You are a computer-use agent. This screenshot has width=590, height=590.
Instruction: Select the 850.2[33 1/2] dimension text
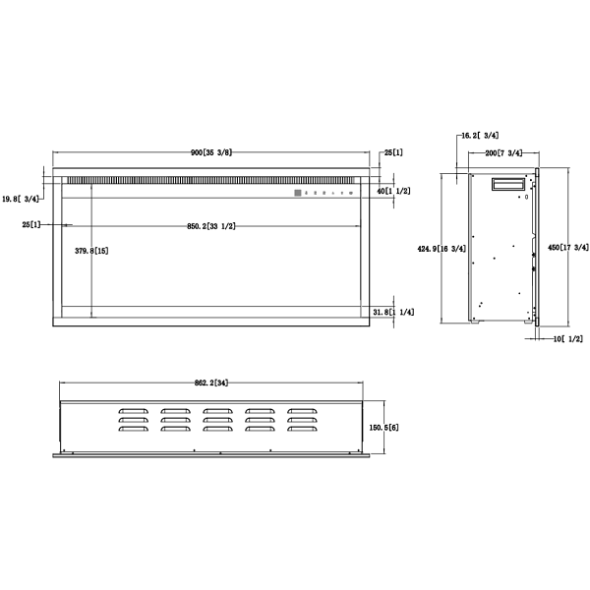click(210, 226)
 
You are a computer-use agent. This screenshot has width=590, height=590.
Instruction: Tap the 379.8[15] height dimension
click(91, 252)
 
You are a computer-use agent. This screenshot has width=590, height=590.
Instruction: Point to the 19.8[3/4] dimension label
click(21, 200)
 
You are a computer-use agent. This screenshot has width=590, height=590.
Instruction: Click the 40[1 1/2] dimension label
click(394, 191)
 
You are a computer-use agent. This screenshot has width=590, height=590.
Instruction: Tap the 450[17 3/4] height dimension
click(567, 248)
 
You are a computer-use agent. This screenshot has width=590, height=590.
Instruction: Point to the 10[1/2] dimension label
click(568, 338)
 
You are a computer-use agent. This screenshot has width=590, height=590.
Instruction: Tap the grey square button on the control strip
click(294, 194)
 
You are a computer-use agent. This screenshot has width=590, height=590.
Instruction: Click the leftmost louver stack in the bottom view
click(132, 420)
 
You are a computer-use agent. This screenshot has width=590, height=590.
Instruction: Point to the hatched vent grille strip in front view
click(177, 181)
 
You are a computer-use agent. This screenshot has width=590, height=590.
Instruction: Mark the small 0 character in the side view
click(526, 197)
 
